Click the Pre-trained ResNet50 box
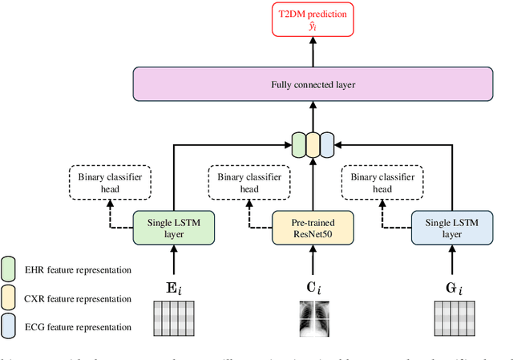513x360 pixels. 313,227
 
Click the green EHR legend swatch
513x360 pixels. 10,269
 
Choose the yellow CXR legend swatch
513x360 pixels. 10,298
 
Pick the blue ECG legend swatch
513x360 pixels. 10,327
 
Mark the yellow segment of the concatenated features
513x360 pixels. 313,145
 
